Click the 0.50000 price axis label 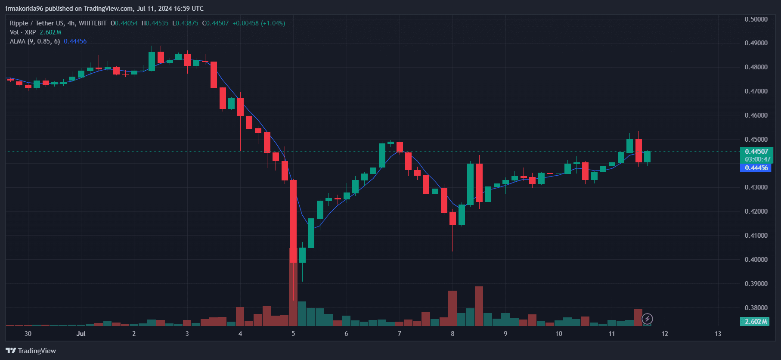[x=756, y=19]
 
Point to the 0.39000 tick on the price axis [x=756, y=283]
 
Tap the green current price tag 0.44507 [x=756, y=152]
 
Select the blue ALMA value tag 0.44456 [x=756, y=168]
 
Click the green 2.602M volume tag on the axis [x=756, y=322]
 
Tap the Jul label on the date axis [x=81, y=334]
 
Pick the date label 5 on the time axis [x=293, y=334]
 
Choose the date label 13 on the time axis [x=718, y=334]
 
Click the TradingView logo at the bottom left [x=31, y=351]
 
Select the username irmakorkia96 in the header [x=25, y=9]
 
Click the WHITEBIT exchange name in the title [x=93, y=23]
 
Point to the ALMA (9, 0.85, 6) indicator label [x=35, y=41]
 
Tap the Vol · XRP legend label [x=23, y=32]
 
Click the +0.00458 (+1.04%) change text [x=259, y=23]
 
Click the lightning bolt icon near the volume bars [x=647, y=319]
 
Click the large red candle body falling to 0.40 [x=293, y=221]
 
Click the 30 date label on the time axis [x=28, y=334]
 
